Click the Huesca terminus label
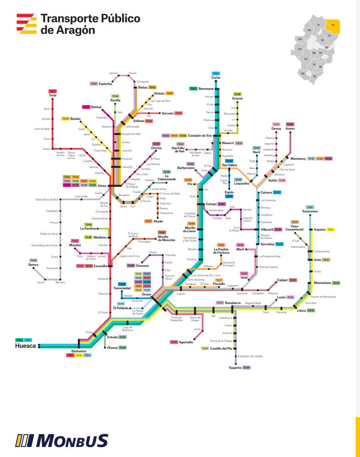26,346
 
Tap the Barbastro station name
79,351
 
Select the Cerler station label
216,78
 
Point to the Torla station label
53,95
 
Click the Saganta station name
235,367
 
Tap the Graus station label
146,294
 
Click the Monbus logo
62,441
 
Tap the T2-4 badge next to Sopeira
331,229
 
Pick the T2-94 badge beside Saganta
247,367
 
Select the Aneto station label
290,129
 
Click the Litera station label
301,311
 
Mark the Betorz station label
33,265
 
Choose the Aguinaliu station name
186,342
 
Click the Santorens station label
310,212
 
